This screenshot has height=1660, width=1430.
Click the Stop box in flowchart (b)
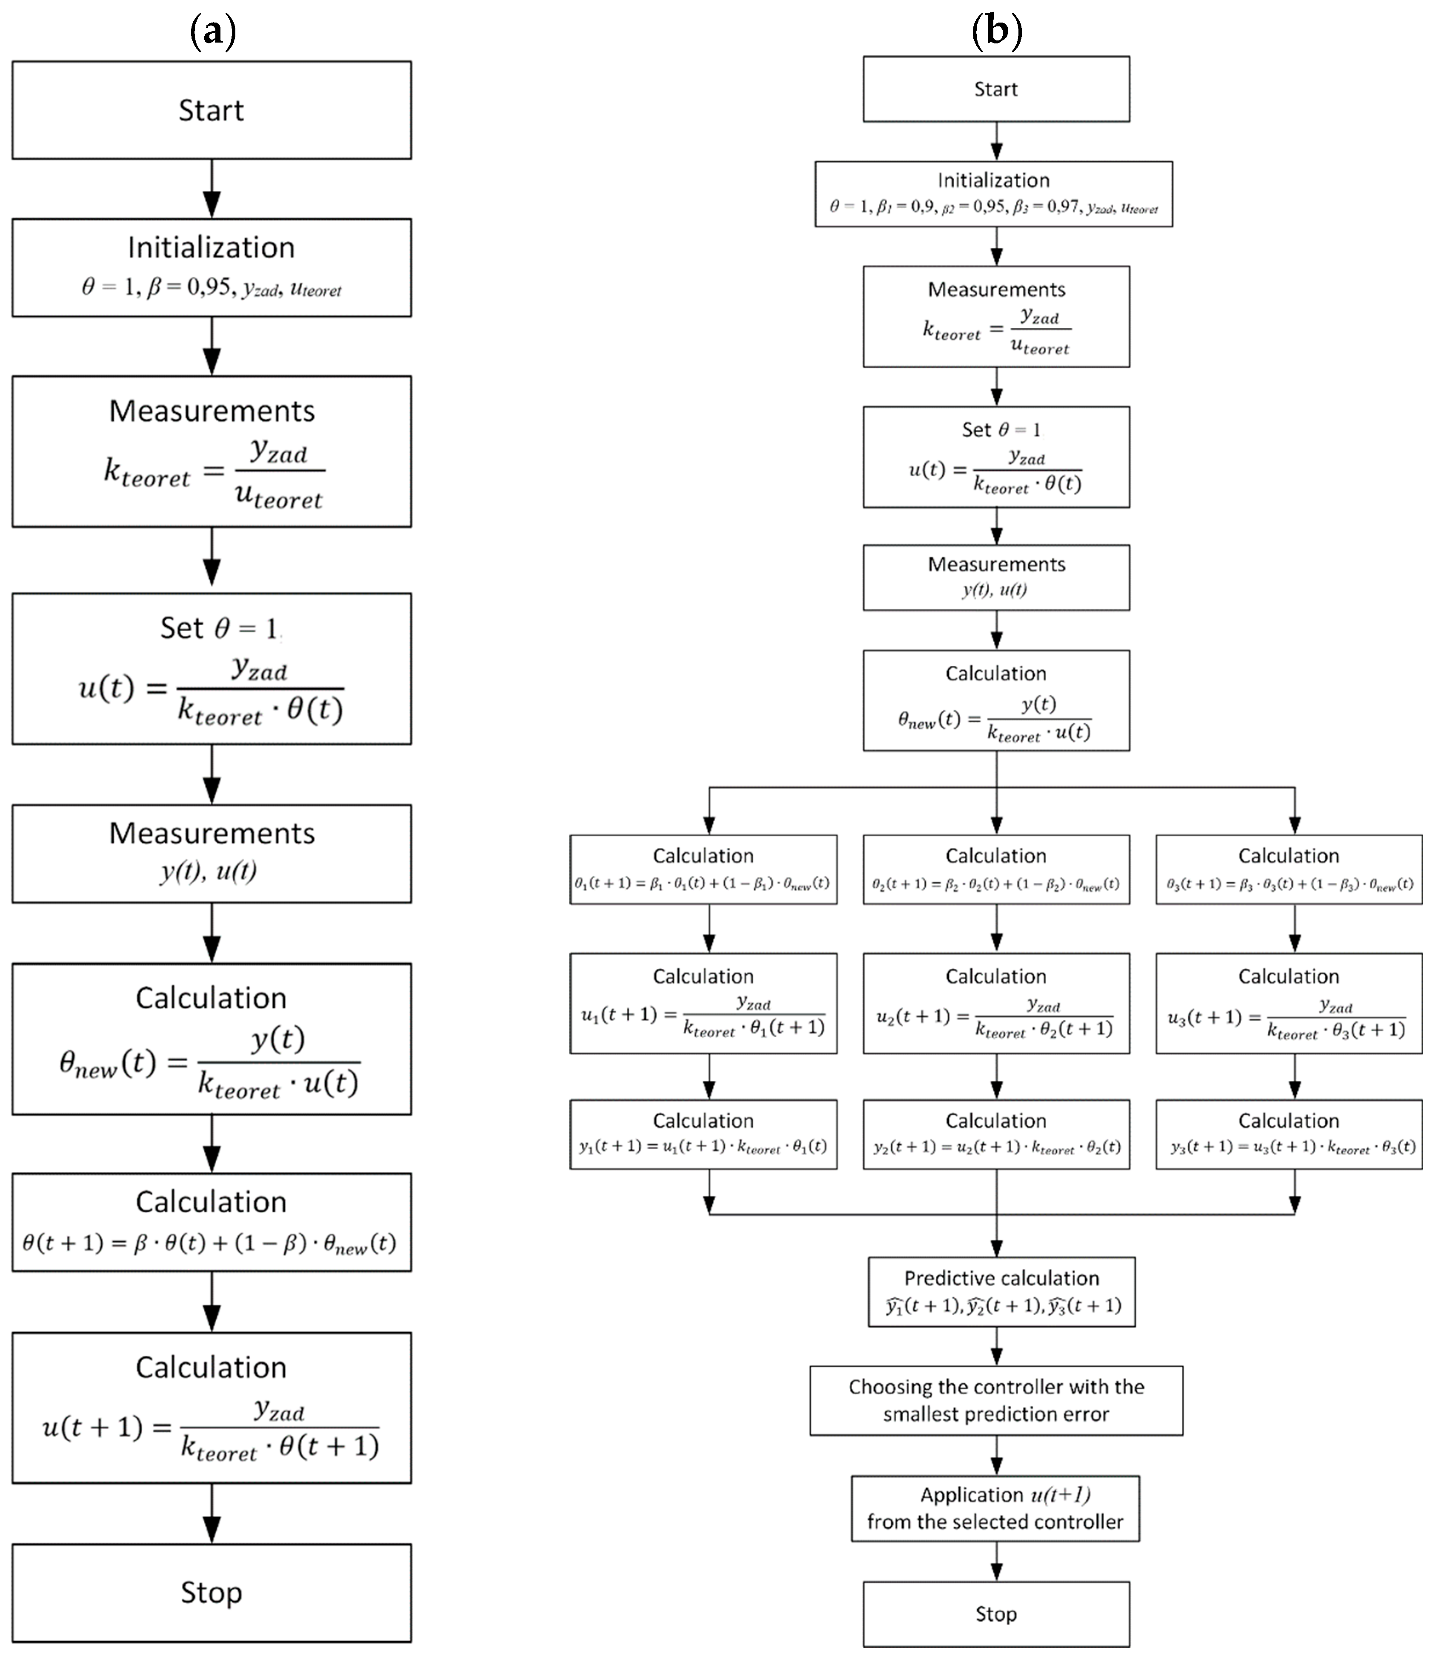coord(996,1614)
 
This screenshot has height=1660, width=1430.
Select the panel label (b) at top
coord(996,32)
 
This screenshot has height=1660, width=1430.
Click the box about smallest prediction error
coord(996,1400)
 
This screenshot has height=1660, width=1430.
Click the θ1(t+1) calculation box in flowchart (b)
coord(704,869)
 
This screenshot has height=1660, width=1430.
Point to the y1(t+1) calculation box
coord(704,1133)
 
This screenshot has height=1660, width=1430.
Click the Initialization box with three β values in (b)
coord(993,194)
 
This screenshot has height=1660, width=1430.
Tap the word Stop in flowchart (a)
coord(212,1592)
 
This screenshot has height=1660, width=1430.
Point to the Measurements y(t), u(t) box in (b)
coord(996,577)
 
